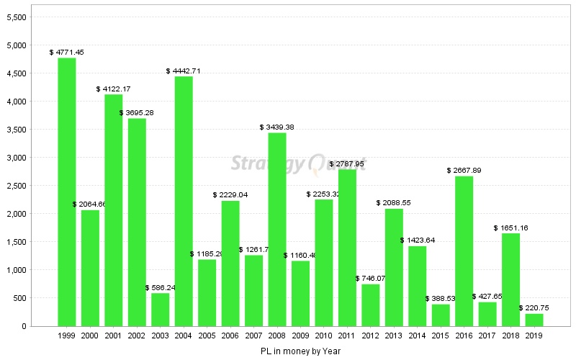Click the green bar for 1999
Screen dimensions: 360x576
coord(67,192)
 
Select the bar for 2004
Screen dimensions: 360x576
coord(184,201)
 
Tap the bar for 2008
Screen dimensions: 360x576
coord(277,229)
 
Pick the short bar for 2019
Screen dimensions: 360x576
coord(534,320)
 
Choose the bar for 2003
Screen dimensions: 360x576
coord(161,310)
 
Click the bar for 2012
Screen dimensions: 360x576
coord(371,305)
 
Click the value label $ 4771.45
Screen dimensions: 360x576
coord(67,52)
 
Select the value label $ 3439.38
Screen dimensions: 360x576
coord(277,127)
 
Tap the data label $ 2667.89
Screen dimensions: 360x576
coord(464,170)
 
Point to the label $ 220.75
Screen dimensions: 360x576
coord(534,307)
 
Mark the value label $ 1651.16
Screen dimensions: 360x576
coord(511,228)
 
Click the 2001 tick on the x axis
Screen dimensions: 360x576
coord(114,336)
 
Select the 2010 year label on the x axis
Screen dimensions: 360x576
coord(324,336)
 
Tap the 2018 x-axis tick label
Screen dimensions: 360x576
coord(511,336)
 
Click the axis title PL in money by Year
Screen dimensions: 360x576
coord(300,351)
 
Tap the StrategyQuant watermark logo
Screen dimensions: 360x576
coord(298,163)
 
